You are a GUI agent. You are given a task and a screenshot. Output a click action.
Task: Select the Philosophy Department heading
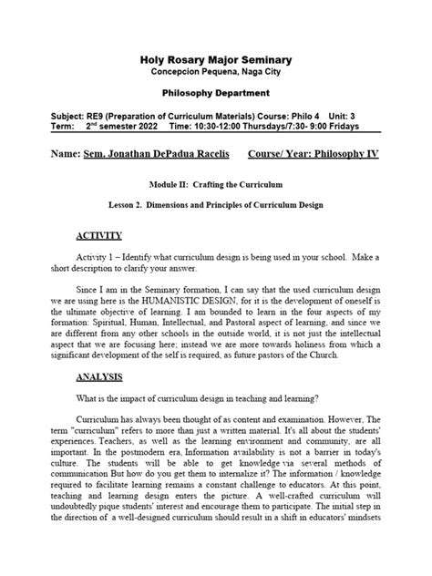(x=215, y=94)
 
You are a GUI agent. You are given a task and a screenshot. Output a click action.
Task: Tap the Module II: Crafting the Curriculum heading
(x=215, y=184)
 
